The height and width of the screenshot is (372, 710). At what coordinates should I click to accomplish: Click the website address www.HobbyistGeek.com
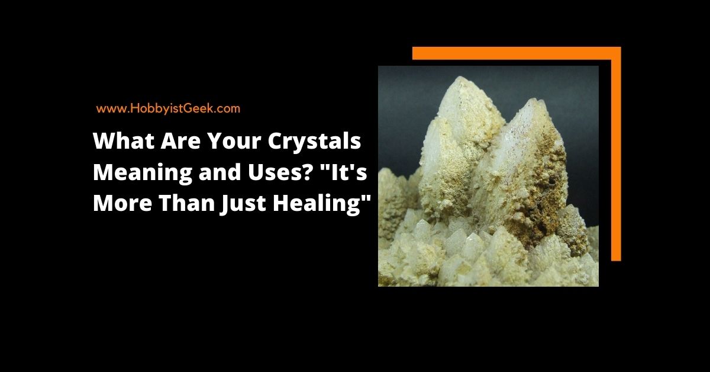(168, 108)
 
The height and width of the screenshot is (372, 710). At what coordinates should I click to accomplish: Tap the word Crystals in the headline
(314, 142)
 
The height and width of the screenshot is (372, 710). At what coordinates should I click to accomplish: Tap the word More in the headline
(122, 203)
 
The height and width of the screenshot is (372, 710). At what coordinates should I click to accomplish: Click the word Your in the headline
(234, 141)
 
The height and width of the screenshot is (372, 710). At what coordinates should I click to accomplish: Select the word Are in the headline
(180, 141)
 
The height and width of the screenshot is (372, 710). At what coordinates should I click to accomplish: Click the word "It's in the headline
(344, 171)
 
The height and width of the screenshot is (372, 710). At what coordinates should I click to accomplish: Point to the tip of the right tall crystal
(535, 100)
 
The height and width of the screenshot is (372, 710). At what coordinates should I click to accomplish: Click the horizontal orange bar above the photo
(517, 53)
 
